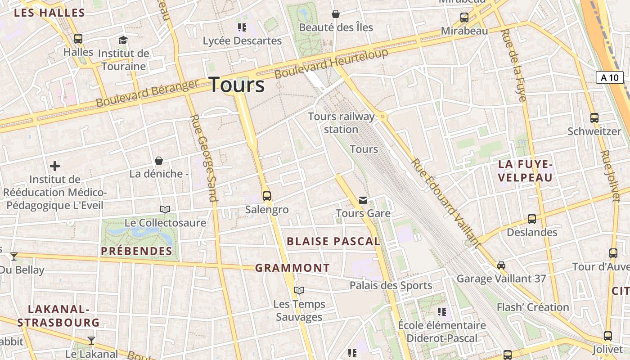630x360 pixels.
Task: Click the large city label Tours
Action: [x=237, y=85]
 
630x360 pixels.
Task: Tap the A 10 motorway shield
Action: [x=610, y=77]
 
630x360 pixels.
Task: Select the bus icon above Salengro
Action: [x=267, y=196]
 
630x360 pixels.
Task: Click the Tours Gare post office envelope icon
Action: [x=363, y=200]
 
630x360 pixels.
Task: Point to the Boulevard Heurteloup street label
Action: [x=331, y=63]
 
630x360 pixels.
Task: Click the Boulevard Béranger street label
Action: [x=147, y=94]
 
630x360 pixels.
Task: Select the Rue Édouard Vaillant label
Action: [x=445, y=202]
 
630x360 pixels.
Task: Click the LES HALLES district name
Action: [x=49, y=13]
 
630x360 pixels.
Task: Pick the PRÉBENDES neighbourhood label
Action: [x=137, y=251]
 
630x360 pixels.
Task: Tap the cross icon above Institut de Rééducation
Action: [x=55, y=166]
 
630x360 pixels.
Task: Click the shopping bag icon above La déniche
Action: [x=159, y=161]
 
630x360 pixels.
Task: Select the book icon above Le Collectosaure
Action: [x=165, y=209]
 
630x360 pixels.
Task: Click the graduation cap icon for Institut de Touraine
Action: [x=123, y=40]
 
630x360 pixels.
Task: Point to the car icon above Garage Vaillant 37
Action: [x=501, y=265]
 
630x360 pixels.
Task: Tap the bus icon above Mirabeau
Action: [x=464, y=18]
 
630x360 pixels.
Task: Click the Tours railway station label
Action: [x=341, y=123]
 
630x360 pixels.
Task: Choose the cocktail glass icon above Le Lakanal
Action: [x=91, y=340]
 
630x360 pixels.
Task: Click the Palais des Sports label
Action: [x=391, y=285]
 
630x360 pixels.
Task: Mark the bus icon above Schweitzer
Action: [x=594, y=118]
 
